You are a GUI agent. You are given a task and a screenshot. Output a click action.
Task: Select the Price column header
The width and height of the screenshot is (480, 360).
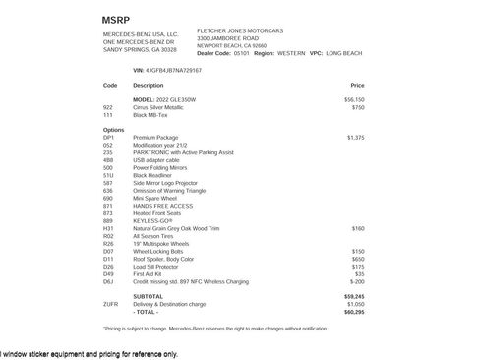pos(357,86)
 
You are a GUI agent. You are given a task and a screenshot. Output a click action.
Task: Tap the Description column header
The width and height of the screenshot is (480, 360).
pos(149,86)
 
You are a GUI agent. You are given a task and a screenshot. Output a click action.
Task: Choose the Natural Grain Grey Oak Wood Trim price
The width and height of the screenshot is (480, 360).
pos(358,228)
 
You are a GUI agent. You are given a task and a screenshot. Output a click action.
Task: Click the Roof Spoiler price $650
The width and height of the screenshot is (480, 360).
pos(358,258)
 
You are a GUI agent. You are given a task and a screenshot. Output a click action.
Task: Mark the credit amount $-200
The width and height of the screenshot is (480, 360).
pos(357,280)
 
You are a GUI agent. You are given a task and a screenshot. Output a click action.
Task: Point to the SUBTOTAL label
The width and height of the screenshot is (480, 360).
pos(149,295)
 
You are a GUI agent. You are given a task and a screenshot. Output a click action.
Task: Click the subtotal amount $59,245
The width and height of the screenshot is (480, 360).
pos(354,295)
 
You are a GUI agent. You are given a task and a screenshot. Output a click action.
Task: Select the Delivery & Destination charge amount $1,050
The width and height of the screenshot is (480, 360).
pos(355,303)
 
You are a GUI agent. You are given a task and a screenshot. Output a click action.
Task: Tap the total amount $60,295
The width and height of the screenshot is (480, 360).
pos(354,311)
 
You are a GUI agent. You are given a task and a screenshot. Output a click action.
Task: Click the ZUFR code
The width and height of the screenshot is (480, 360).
pos(110,303)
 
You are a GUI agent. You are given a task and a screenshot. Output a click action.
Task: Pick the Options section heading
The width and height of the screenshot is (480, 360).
pos(114,130)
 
